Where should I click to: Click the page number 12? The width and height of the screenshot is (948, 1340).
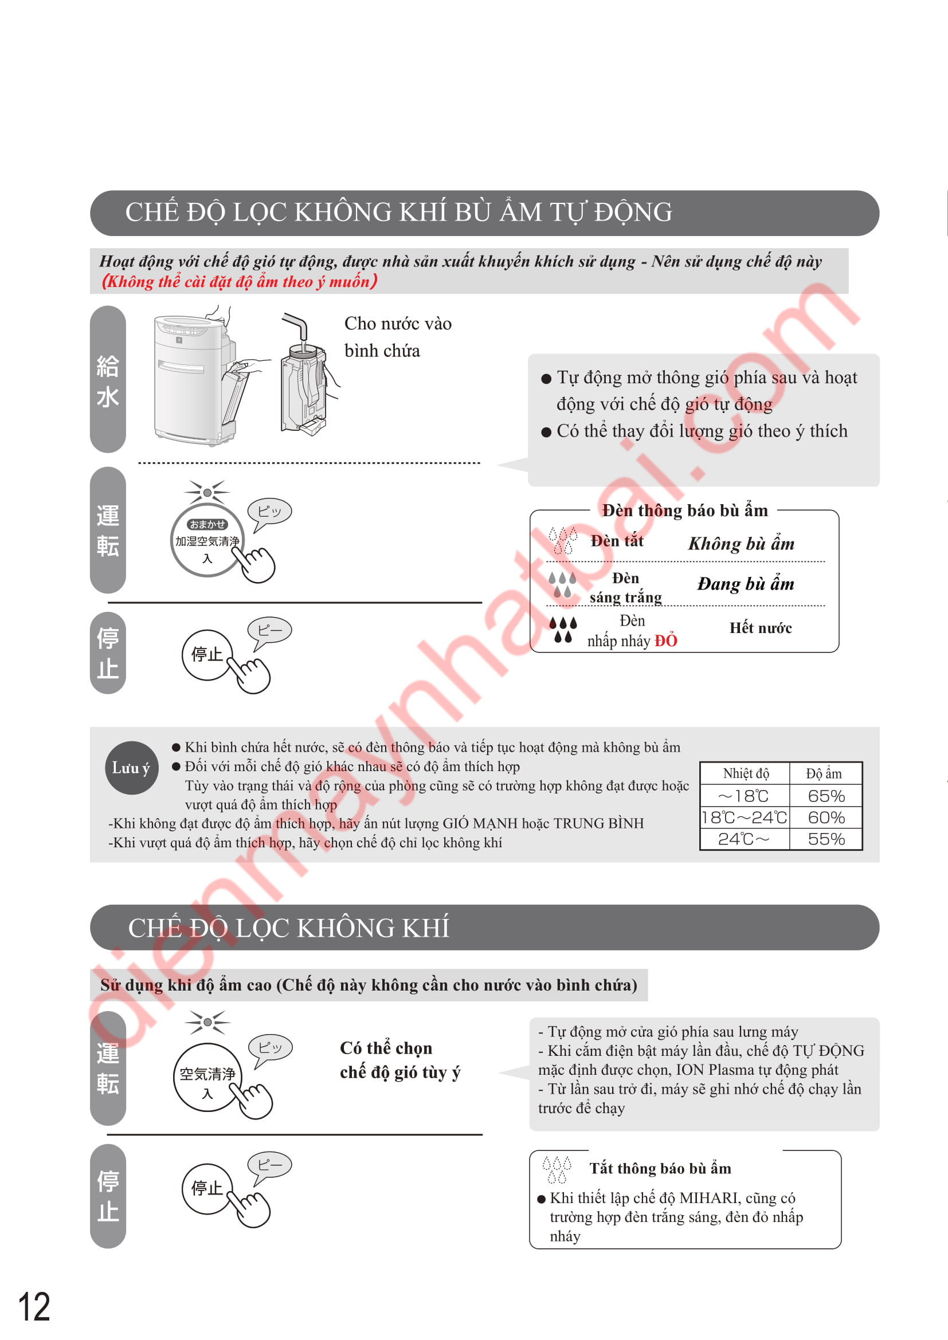click(34, 1306)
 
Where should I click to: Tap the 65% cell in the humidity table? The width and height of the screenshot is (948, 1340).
click(826, 796)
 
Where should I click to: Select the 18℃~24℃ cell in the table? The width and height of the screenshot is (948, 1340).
click(745, 818)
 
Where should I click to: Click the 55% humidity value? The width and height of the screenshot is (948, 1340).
click(826, 839)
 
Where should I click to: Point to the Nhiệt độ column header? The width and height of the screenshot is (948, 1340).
click(746, 774)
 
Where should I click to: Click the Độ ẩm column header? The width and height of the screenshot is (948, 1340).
click(824, 774)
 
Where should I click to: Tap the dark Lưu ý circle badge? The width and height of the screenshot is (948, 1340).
click(131, 768)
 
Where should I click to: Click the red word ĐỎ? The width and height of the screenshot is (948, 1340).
click(665, 641)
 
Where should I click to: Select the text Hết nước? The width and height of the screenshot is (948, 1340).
click(761, 628)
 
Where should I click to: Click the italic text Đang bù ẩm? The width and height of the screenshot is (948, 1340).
click(746, 584)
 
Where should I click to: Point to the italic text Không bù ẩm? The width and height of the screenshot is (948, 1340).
click(741, 544)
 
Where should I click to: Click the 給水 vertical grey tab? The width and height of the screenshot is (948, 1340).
click(108, 379)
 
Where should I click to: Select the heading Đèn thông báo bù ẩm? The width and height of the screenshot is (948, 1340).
click(685, 510)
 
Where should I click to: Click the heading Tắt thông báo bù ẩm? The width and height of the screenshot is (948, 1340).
click(660, 1168)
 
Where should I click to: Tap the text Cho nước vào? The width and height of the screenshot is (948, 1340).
click(398, 323)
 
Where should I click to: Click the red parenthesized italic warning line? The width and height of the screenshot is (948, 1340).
click(240, 282)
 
